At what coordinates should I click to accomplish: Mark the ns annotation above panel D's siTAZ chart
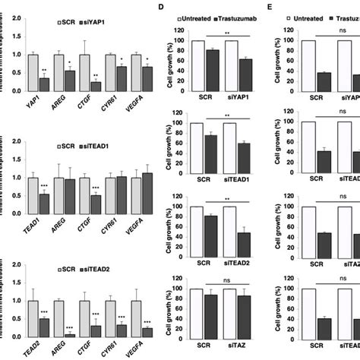(228, 279)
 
